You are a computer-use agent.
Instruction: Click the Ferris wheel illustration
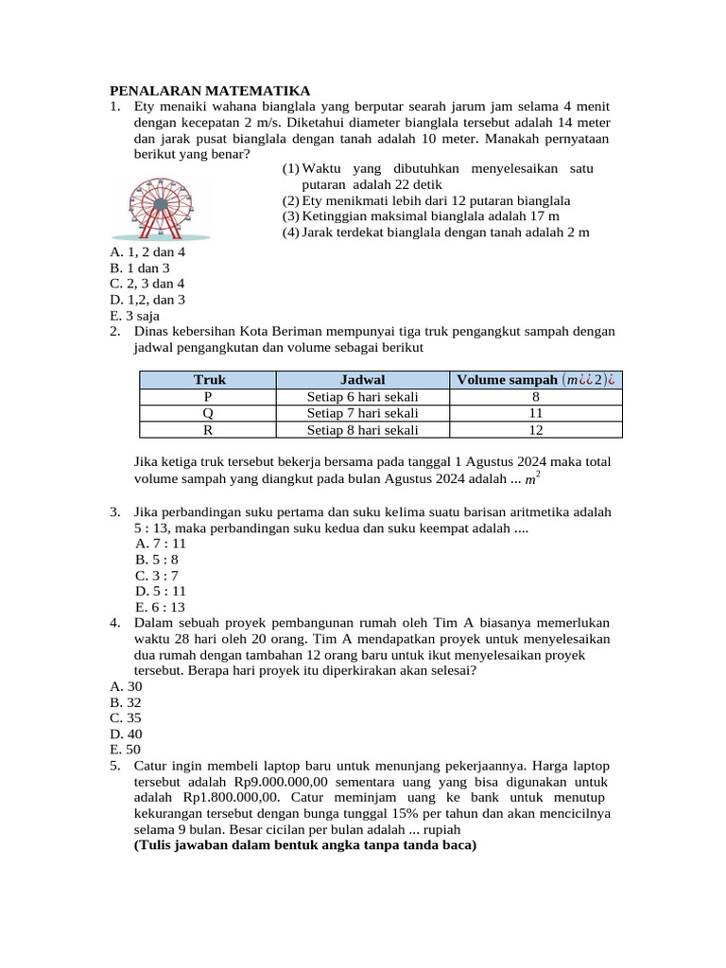(x=160, y=207)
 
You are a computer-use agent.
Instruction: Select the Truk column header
(x=208, y=380)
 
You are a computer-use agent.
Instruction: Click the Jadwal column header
(x=362, y=380)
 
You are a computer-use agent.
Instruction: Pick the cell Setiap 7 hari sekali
(x=362, y=413)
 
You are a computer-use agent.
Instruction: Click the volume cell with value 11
(x=535, y=413)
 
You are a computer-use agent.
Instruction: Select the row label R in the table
(x=208, y=429)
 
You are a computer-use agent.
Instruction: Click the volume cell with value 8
(x=535, y=397)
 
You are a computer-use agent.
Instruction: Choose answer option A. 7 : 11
(x=161, y=544)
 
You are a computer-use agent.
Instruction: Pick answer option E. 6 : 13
(x=161, y=607)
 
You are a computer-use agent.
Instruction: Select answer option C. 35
(x=126, y=717)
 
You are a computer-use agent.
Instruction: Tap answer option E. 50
(x=126, y=749)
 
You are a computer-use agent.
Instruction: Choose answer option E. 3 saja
(x=134, y=316)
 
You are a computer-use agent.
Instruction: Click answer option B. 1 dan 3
(x=139, y=268)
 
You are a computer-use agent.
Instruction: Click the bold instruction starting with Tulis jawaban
(x=305, y=845)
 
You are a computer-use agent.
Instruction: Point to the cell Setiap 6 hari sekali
(x=362, y=397)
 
